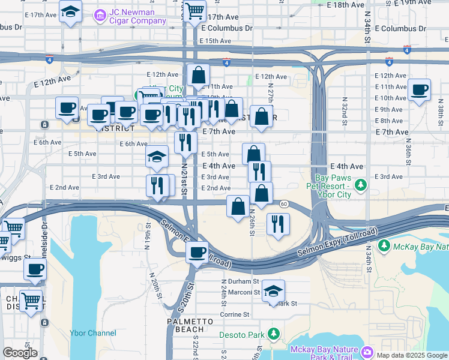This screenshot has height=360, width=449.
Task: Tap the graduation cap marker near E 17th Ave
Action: tap(71, 11)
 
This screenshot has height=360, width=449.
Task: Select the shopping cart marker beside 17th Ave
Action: tap(194, 10)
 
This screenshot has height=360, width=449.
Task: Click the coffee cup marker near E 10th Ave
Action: tap(419, 90)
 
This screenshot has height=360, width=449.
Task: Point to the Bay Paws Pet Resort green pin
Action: tap(360, 184)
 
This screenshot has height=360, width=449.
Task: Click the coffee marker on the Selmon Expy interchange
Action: tap(196, 252)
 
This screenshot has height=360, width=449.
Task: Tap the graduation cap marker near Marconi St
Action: tap(273, 292)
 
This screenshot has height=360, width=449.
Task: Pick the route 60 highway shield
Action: tap(284, 205)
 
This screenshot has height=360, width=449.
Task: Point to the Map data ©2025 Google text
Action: tap(412, 355)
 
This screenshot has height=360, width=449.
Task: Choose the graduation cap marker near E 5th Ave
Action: tap(157, 157)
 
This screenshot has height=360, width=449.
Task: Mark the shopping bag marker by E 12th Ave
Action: tap(198, 76)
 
